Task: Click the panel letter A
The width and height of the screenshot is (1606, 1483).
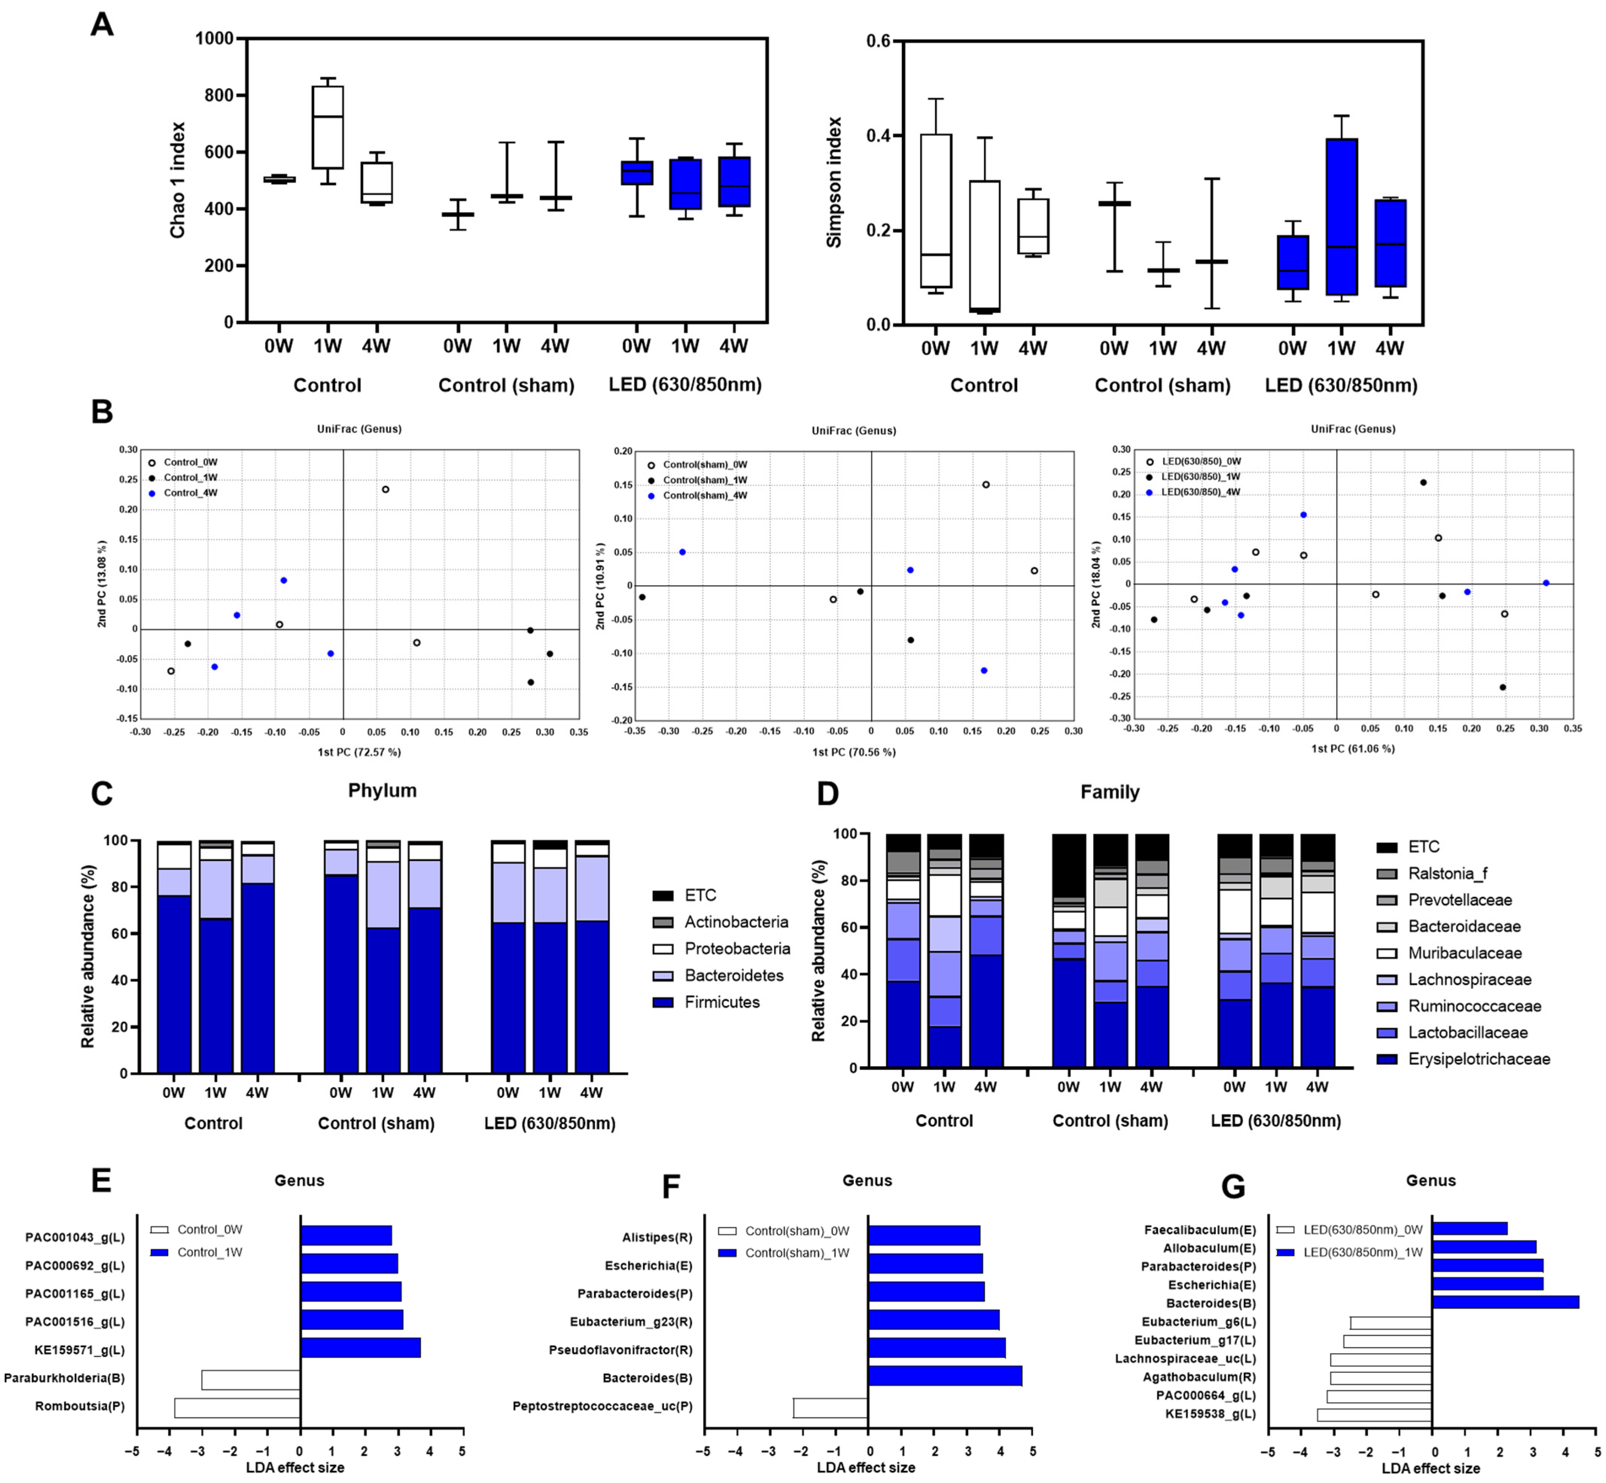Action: (x=102, y=25)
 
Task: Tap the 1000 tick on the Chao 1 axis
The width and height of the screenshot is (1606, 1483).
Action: (x=214, y=38)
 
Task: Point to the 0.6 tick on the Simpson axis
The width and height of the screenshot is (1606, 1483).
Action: (x=879, y=41)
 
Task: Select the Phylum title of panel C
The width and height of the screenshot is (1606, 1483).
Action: (x=382, y=790)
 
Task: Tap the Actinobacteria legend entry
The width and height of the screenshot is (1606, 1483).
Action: (x=736, y=922)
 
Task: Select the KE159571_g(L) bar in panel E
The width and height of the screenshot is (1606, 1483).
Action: (x=360, y=1350)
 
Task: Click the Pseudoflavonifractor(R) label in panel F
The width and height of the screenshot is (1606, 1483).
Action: (x=620, y=1350)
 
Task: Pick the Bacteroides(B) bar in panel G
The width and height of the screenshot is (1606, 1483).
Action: (x=1505, y=1302)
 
